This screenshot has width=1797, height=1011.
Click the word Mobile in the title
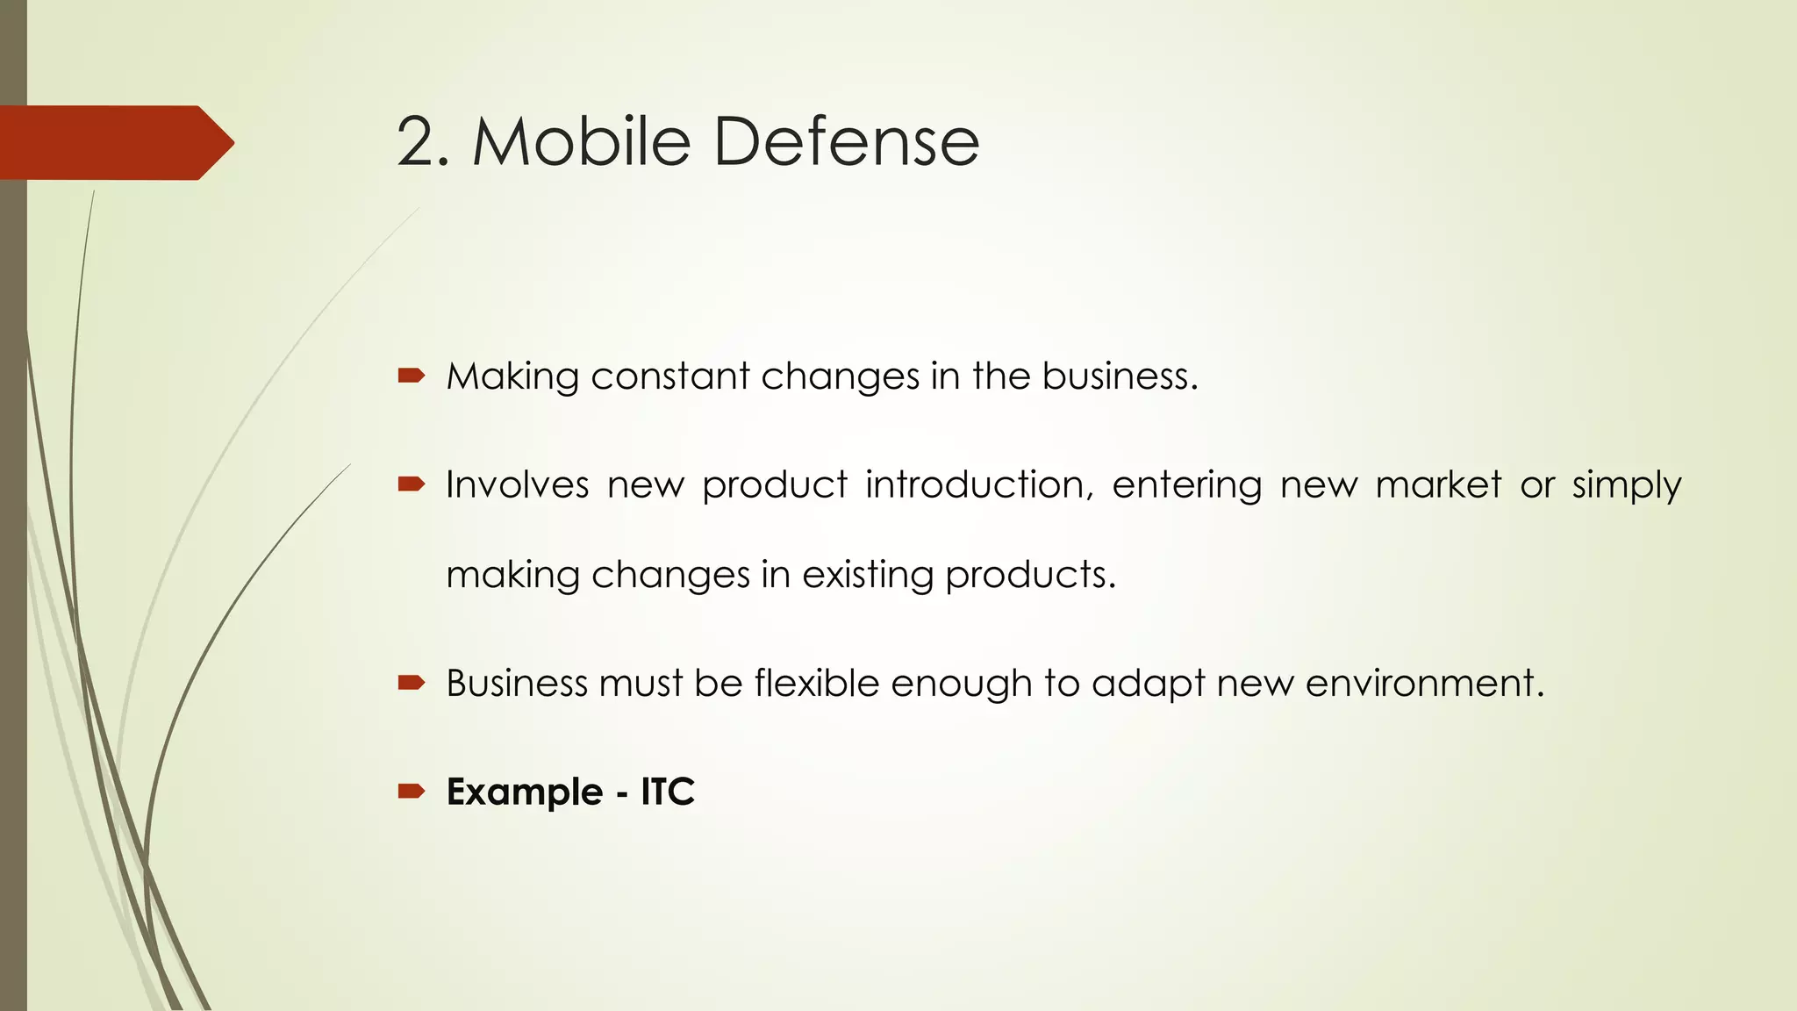582,142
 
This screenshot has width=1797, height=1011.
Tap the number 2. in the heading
423,142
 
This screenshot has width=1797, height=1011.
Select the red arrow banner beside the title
114,142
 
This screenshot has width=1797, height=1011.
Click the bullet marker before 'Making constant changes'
411,376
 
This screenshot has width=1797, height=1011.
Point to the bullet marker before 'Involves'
411,484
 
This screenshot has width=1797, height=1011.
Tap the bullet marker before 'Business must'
411,683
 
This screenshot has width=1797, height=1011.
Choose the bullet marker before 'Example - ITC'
411,792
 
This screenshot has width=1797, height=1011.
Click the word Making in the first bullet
512,377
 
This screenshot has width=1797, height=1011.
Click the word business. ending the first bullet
1120,377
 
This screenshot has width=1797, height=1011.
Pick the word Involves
517,485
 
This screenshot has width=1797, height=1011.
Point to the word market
1438,485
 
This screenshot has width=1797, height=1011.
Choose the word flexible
816,684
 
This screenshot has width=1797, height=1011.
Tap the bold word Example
524,792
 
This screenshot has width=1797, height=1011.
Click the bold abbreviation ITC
668,792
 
